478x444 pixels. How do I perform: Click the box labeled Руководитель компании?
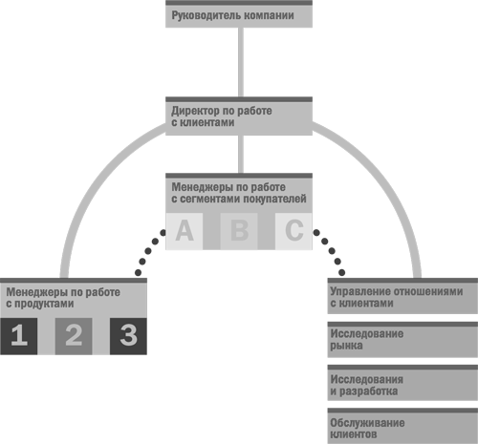click(x=239, y=14)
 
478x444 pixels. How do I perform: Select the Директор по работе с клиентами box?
click(x=239, y=116)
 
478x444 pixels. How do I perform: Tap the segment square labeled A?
click(x=185, y=231)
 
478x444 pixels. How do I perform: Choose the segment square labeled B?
click(x=239, y=231)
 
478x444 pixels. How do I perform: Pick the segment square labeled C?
click(x=293, y=231)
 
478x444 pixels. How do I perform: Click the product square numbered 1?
click(x=19, y=336)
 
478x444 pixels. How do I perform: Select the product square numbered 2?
click(x=74, y=336)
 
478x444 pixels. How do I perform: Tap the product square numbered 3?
click(x=128, y=336)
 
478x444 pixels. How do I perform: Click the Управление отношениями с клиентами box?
click(x=402, y=296)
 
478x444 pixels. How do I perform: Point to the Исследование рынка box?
click(x=402, y=340)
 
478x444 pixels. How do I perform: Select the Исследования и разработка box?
click(x=402, y=383)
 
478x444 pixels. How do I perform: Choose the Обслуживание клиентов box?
click(x=402, y=426)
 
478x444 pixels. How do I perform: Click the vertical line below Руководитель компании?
click(x=241, y=62)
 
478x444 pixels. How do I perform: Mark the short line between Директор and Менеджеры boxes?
click(x=241, y=155)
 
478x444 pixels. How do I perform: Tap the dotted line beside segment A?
click(x=148, y=251)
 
